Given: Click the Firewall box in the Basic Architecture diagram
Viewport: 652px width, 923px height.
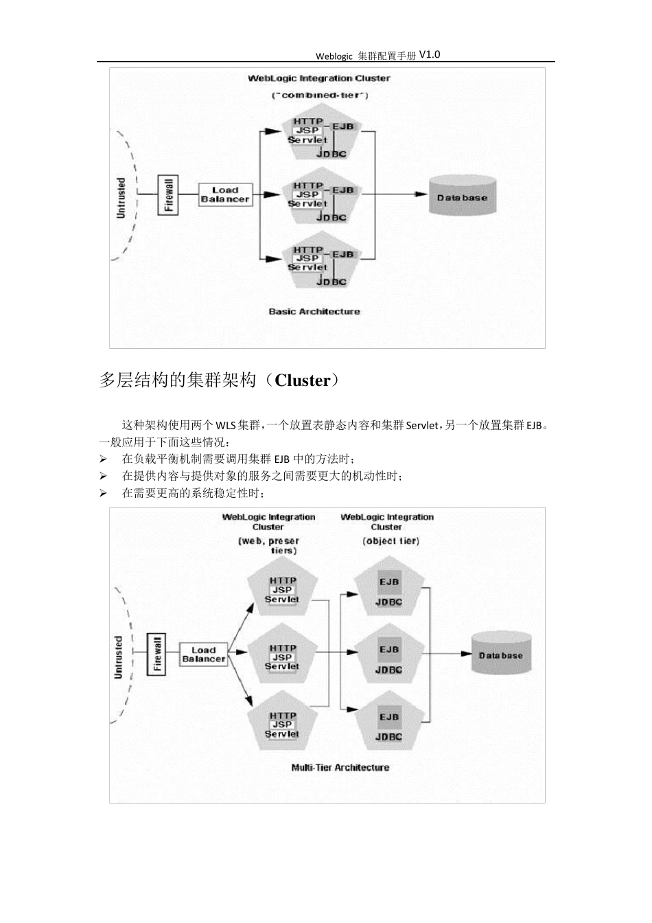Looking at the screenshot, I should click(x=168, y=194).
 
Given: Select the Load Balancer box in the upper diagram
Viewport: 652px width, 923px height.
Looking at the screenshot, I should click(x=225, y=194).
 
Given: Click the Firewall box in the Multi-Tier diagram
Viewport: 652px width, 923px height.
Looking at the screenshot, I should click(x=157, y=654).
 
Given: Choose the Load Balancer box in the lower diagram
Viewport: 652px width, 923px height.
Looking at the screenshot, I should click(x=203, y=654).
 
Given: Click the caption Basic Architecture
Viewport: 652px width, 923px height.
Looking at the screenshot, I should click(x=314, y=312).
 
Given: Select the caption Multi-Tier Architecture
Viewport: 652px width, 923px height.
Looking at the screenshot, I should click(x=340, y=768).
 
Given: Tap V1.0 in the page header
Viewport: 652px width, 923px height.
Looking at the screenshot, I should click(x=429, y=54).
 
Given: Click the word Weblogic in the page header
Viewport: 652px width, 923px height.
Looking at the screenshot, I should click(x=334, y=56).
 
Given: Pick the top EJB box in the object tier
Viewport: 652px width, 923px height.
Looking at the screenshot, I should click(x=389, y=582).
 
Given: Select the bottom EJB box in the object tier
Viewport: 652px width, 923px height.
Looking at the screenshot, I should click(x=389, y=718).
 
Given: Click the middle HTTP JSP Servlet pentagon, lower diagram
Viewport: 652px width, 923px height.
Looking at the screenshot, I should click(x=282, y=657).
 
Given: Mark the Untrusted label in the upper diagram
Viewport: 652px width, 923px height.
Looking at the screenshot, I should click(x=121, y=198).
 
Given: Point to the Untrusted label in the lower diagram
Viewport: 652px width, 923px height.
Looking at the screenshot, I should click(x=118, y=657).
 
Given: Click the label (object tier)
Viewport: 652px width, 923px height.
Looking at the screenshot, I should click(x=391, y=541).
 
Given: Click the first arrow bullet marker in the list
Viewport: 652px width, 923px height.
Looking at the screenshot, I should click(x=104, y=459).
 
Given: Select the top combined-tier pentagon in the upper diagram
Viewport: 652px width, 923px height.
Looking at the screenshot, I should click(x=321, y=135).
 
